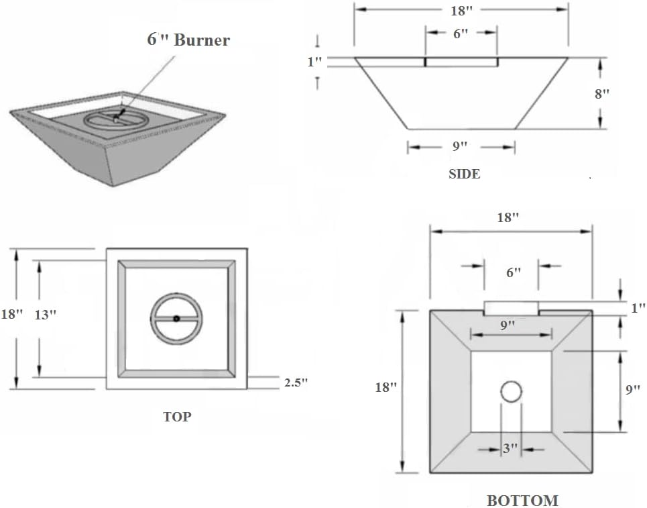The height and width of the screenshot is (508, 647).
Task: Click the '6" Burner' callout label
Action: tap(188, 40)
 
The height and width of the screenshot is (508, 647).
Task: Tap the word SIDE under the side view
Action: tap(464, 174)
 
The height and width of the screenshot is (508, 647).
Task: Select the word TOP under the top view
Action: tap(177, 417)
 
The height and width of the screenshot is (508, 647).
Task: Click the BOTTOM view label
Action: tap(522, 501)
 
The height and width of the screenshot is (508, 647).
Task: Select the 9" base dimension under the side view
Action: tap(461, 147)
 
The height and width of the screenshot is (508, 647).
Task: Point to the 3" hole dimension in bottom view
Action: tap(511, 449)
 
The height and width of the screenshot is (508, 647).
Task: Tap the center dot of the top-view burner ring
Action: tap(176, 319)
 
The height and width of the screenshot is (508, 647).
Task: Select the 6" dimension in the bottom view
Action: tap(514, 272)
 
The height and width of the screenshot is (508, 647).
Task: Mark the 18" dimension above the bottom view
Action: tap(509, 217)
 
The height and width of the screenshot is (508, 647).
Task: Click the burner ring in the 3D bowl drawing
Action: tap(115, 119)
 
